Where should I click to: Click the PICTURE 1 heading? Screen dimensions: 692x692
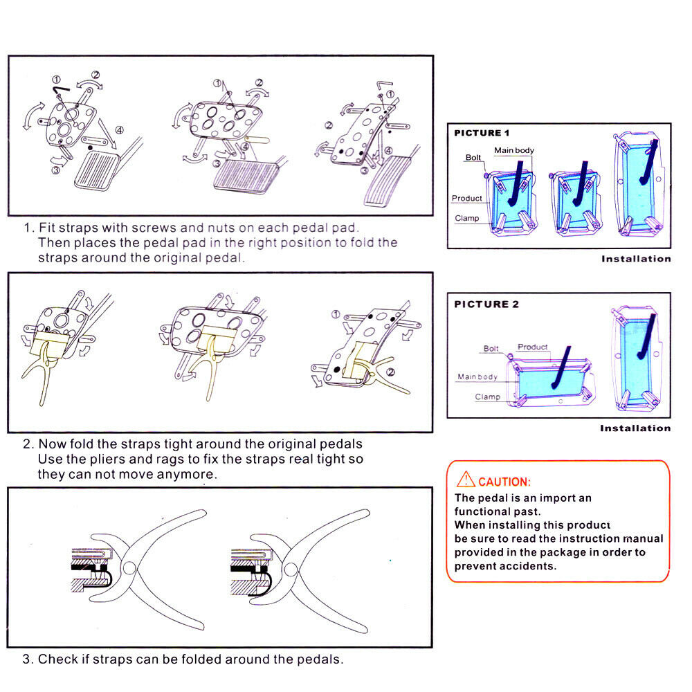(482, 133)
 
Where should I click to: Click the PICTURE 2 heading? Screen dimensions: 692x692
(486, 304)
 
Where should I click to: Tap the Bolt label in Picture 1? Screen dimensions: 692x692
(473, 158)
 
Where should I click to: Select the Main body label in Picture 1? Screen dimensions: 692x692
(514, 150)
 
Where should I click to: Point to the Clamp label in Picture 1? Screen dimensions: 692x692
(467, 218)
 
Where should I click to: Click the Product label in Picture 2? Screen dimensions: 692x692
(532, 347)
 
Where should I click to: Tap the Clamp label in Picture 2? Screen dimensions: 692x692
(488, 397)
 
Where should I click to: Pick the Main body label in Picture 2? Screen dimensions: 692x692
(477, 376)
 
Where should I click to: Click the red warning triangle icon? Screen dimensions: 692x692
(466, 480)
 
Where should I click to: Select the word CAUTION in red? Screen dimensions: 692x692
(504, 482)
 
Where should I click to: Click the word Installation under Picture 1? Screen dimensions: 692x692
(636, 259)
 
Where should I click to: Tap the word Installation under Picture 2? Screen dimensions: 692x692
(635, 428)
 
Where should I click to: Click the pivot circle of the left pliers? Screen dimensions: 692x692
(129, 567)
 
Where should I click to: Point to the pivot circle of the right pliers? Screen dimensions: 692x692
(291, 570)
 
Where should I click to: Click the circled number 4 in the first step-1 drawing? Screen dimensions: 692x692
(120, 130)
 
